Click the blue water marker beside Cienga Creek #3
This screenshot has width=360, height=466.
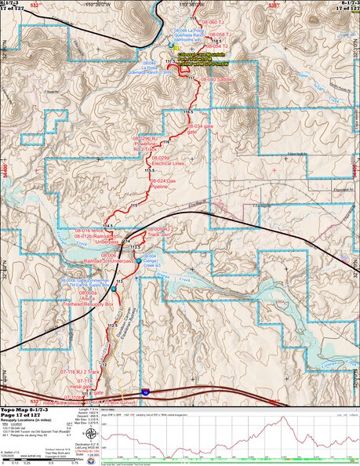pos(138,260)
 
